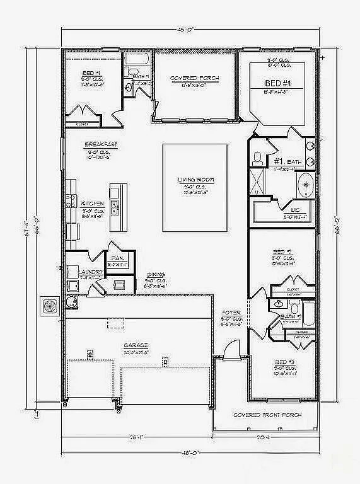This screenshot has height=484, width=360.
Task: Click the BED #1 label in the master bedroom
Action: click(277, 83)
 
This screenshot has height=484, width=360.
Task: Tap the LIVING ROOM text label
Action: click(195, 180)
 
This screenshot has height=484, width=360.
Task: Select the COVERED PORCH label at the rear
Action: click(195, 78)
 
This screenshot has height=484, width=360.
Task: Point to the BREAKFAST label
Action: click(102, 144)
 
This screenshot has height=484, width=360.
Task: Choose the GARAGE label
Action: click(136, 345)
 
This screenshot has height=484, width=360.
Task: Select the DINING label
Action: click(156, 274)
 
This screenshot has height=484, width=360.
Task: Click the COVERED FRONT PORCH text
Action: click(267, 415)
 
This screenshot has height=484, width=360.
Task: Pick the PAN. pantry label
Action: click(117, 258)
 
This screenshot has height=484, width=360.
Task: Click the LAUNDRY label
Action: click(90, 272)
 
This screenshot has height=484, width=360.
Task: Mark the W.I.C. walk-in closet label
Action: click(294, 210)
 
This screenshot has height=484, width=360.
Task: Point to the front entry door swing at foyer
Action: click(231, 347)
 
